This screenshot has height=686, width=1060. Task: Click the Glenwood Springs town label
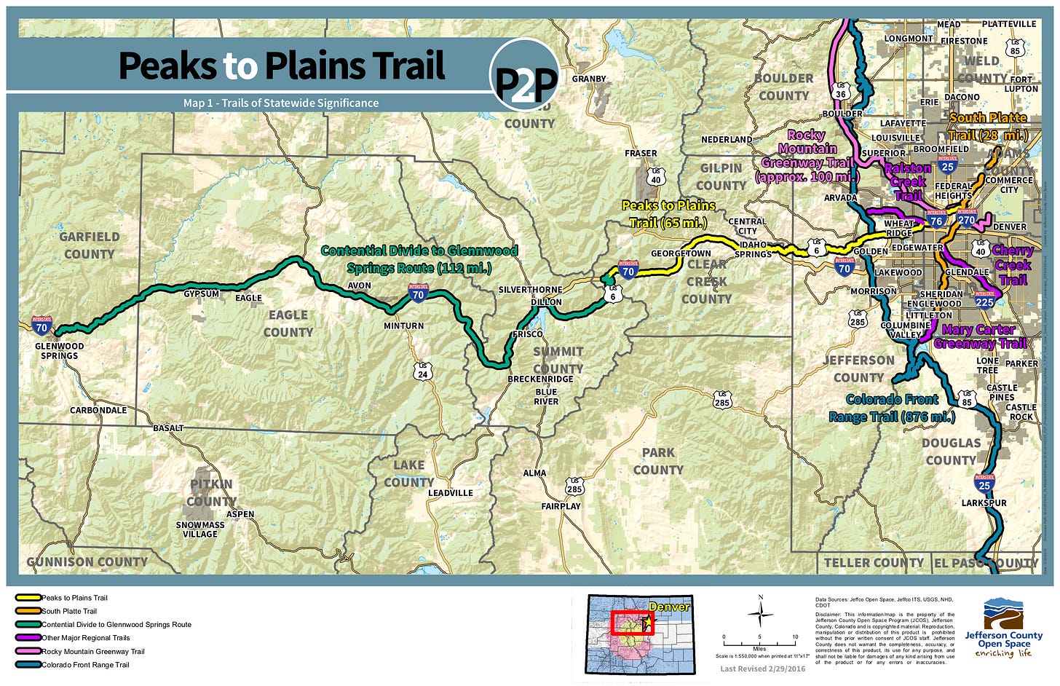(x=59, y=351)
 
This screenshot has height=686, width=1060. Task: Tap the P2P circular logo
(x=525, y=74)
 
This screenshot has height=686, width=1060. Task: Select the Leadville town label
(x=450, y=493)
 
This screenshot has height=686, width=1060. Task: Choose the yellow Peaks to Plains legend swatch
(x=28, y=598)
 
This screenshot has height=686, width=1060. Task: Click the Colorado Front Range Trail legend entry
(x=85, y=665)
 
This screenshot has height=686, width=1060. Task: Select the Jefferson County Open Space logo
(x=1003, y=628)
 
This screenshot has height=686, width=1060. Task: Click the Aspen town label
(x=240, y=514)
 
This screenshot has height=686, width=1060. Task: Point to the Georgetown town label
(x=681, y=253)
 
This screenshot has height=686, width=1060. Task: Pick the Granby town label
(x=589, y=79)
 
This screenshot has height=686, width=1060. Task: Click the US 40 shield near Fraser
(x=656, y=177)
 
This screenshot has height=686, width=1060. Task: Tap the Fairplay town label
(x=561, y=506)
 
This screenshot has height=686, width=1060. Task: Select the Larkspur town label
(x=984, y=503)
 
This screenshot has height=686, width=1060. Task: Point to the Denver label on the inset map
(x=668, y=607)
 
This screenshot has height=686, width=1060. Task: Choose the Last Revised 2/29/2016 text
(x=762, y=669)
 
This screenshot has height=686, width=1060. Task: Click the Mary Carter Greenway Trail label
(x=979, y=336)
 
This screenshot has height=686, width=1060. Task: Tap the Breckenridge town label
(x=540, y=379)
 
